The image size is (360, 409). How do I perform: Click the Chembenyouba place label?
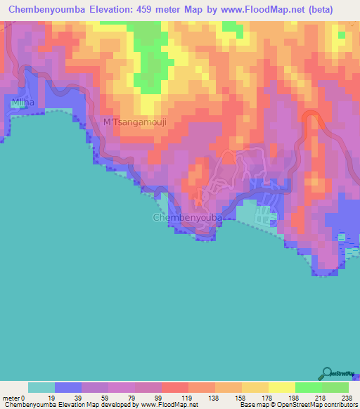(x=188, y=219)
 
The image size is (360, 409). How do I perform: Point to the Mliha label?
(x=23, y=103)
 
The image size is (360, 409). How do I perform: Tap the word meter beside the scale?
(x=13, y=397)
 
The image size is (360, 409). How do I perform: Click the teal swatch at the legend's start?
(x=41, y=387)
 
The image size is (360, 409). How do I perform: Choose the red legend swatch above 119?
(x=175, y=387)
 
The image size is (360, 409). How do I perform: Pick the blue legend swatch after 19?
(x=68, y=387)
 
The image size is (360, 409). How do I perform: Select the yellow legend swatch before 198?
(x=281, y=387)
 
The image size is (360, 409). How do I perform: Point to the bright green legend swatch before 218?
(x=308, y=387)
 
